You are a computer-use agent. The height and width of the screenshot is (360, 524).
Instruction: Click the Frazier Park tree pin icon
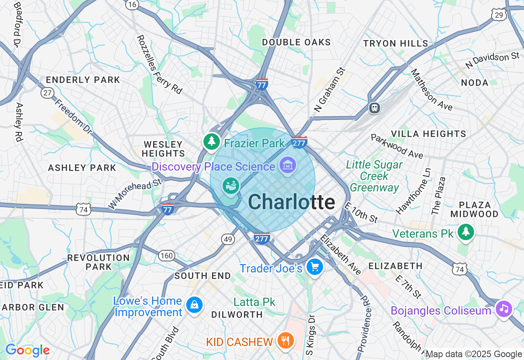(x=211, y=142)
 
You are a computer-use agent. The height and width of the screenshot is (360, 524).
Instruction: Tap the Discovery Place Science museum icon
(x=288, y=166)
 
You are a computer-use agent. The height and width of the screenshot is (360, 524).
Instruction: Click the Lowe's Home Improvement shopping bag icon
(x=194, y=305)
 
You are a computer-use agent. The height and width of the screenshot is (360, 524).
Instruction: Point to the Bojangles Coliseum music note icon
(x=504, y=309)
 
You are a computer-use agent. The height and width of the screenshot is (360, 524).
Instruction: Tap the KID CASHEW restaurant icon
(x=285, y=340)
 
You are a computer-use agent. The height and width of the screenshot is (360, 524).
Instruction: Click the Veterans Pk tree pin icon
(x=465, y=232)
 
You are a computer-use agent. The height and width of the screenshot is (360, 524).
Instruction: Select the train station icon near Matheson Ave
(x=374, y=108)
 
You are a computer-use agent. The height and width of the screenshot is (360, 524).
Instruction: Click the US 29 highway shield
(x=499, y=15)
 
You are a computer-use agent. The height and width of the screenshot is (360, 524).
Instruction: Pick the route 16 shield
(x=132, y=4)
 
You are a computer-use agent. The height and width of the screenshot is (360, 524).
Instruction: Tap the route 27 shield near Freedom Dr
(x=47, y=93)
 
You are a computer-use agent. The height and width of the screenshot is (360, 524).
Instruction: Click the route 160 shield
(x=166, y=256)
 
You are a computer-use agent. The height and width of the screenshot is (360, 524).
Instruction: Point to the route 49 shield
(x=228, y=239)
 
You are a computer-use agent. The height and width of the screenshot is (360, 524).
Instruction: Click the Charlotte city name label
(x=291, y=202)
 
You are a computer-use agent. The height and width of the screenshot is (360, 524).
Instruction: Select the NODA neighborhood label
(x=474, y=83)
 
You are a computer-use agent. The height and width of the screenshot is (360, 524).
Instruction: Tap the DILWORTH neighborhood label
(x=237, y=315)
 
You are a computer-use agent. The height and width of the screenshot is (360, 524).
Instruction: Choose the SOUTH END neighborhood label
(x=203, y=276)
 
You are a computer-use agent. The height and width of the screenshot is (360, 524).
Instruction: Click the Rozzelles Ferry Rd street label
(x=159, y=65)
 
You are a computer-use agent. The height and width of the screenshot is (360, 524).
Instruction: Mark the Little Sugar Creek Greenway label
(x=375, y=176)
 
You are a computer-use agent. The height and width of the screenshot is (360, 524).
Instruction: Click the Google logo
(x=27, y=351)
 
